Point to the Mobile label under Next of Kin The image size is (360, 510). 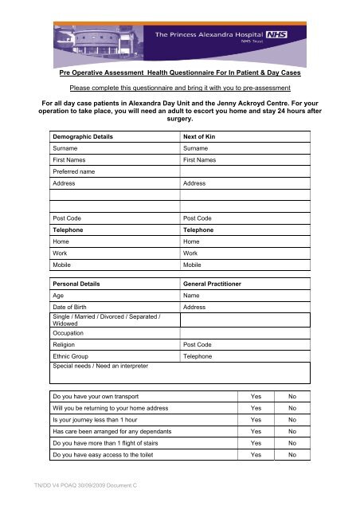point(192,264)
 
